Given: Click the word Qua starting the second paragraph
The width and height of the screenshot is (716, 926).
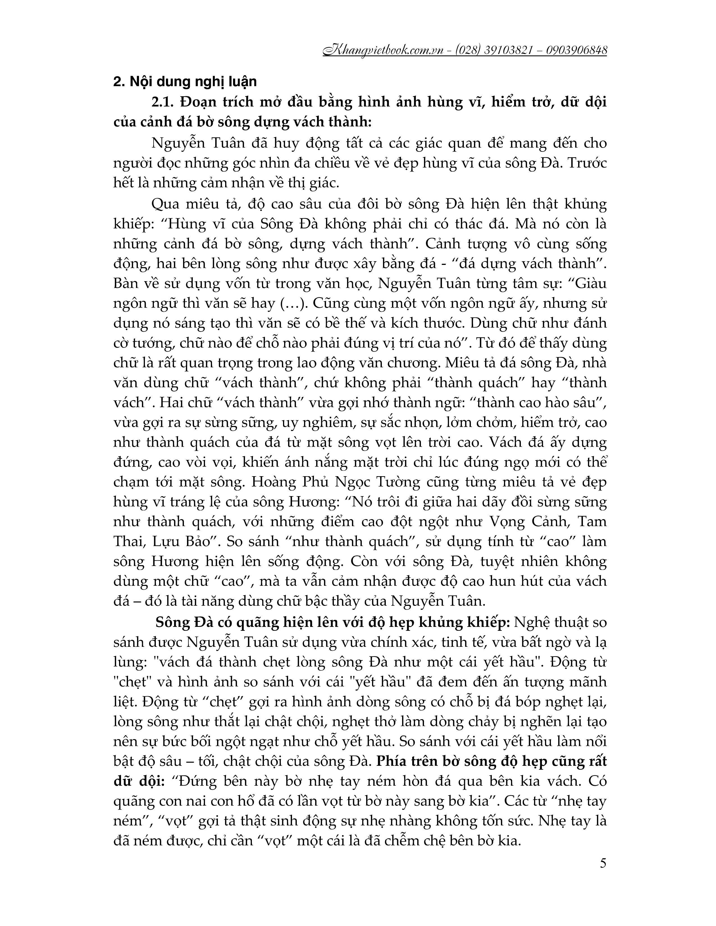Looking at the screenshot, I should click(165, 204).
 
